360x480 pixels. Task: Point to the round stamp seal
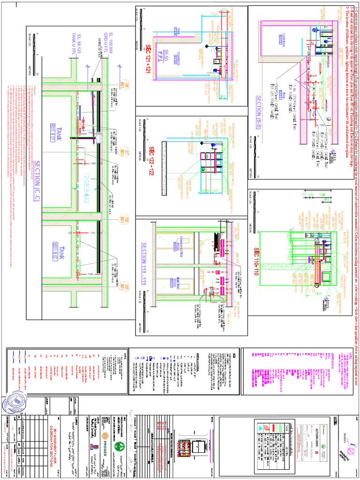15,404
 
